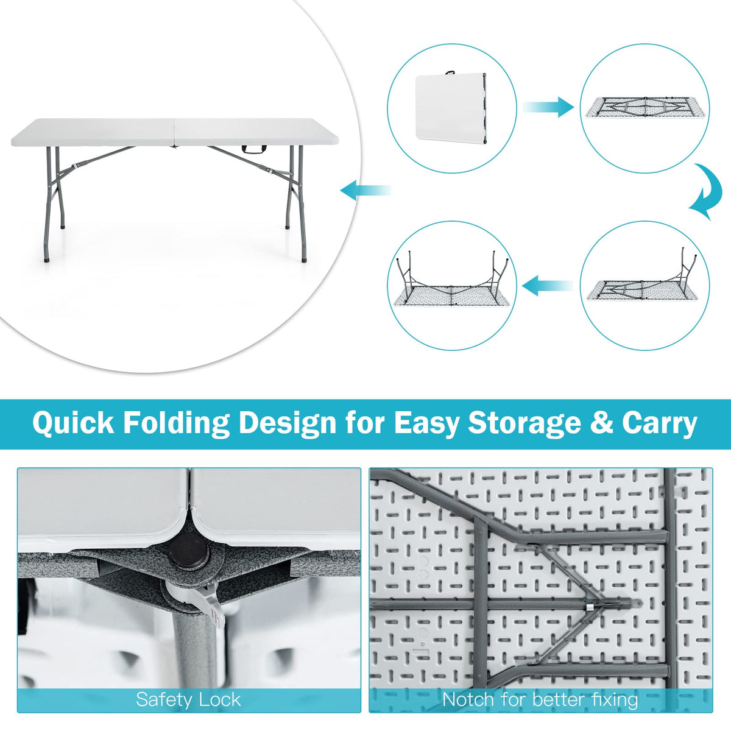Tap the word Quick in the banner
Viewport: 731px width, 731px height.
pyautogui.click(x=73, y=423)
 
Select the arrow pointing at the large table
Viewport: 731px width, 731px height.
pyautogui.click(x=365, y=189)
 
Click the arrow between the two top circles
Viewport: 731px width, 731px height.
pyautogui.click(x=548, y=107)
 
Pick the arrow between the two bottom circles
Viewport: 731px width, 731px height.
pyautogui.click(x=548, y=285)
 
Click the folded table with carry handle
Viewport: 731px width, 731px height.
pyautogui.click(x=451, y=106)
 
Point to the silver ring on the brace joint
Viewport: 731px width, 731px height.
pyautogui.click(x=589, y=607)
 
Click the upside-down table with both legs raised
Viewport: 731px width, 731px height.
pyautogui.click(x=451, y=283)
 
